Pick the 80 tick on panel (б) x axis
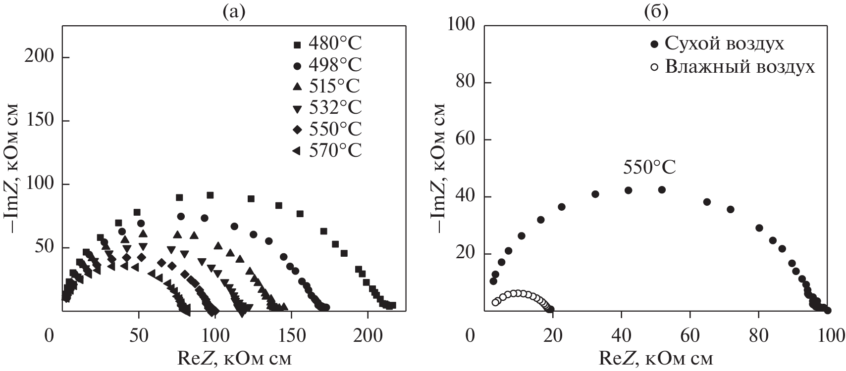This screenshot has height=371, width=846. pos(758,336)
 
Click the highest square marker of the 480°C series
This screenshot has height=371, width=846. pos(210,195)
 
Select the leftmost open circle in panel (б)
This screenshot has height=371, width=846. pos(495,302)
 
